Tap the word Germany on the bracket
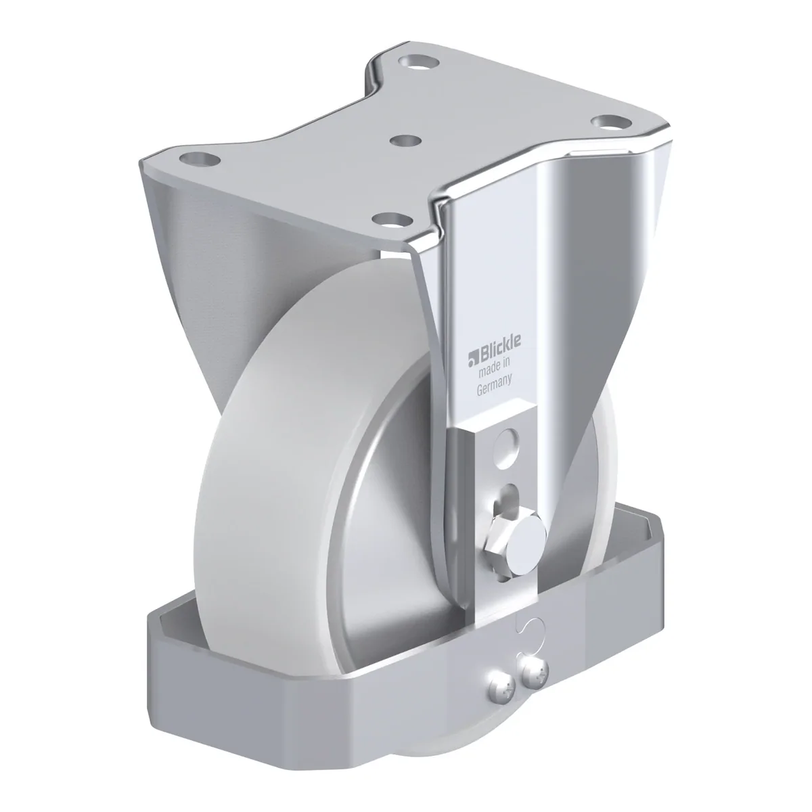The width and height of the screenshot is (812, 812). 494,384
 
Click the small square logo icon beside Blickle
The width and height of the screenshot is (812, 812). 472,356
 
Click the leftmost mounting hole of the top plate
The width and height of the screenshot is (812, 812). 200,159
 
